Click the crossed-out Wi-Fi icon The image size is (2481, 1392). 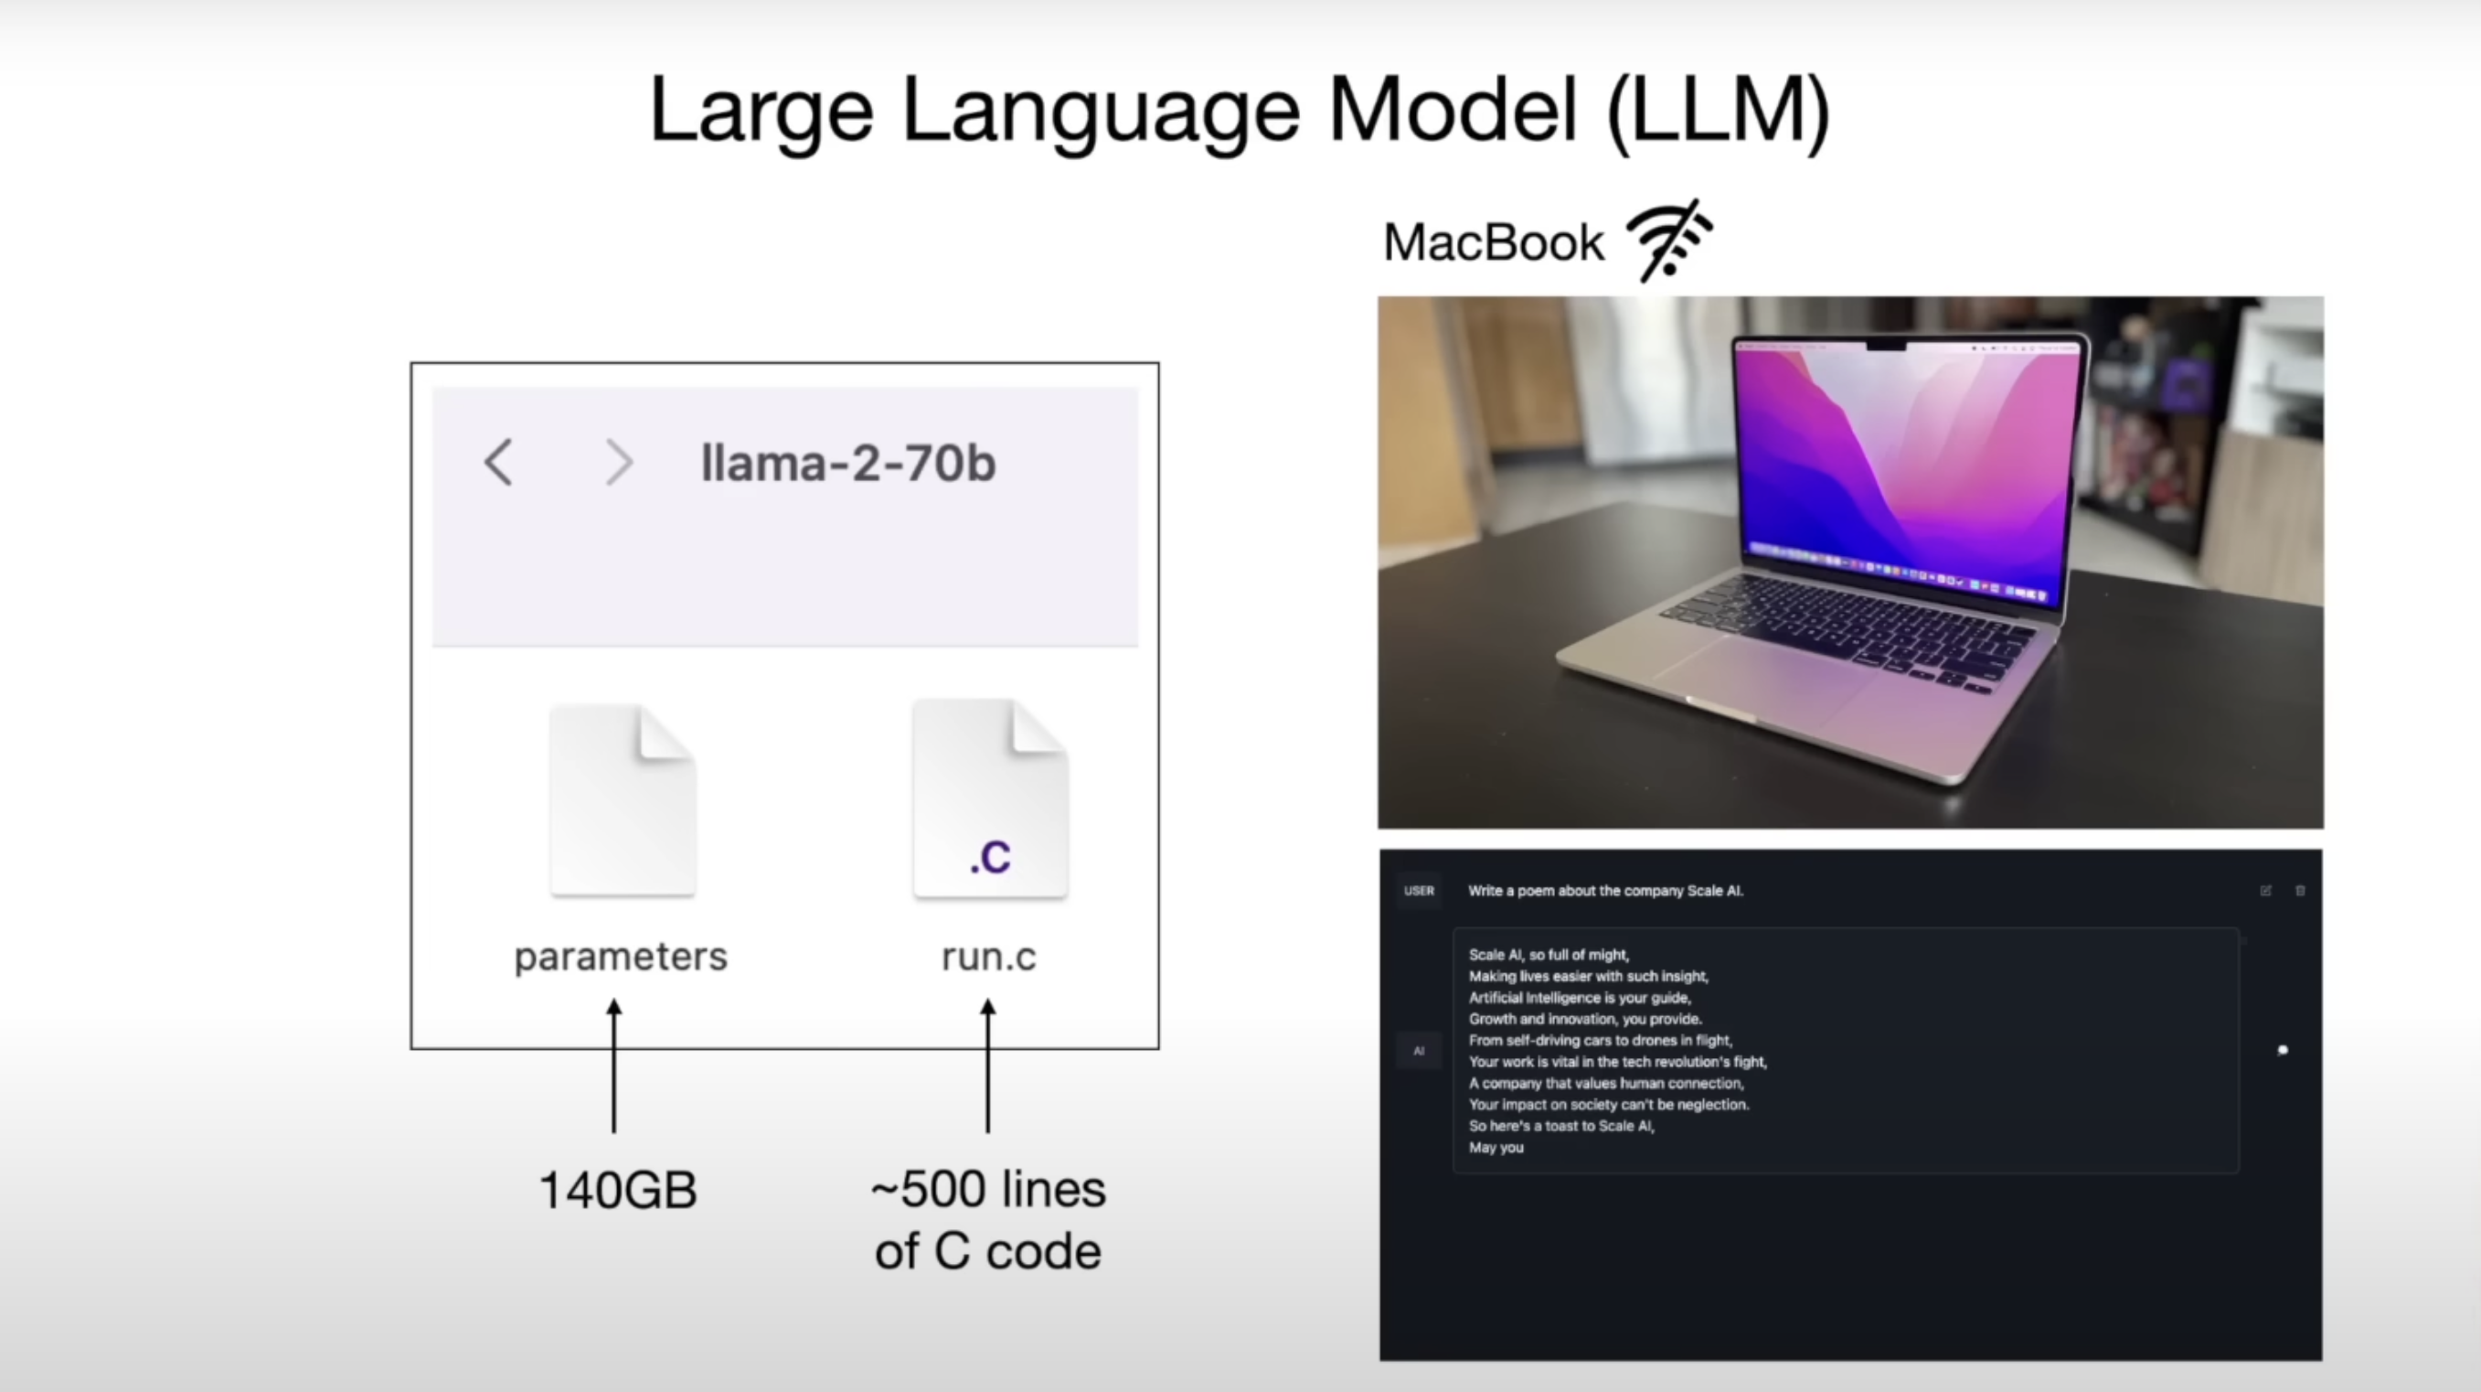click(x=1670, y=240)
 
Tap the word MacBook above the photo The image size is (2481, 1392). click(x=1494, y=241)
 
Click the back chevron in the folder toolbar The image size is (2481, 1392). click(x=498, y=463)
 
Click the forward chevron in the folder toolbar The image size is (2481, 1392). click(x=618, y=463)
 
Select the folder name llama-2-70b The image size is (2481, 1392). click(x=847, y=464)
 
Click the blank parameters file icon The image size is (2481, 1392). click(x=623, y=800)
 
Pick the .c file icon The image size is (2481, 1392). click(x=989, y=799)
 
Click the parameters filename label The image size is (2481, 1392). click(x=620, y=957)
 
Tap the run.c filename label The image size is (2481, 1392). click(x=988, y=957)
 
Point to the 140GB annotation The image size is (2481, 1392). click(x=618, y=1190)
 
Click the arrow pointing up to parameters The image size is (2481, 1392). click(x=613, y=1065)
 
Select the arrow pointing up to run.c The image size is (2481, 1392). click(x=987, y=1065)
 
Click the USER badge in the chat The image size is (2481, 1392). click(x=1419, y=891)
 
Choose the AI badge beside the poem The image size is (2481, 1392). click(x=1419, y=1051)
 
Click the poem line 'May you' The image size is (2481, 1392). click(x=1496, y=1147)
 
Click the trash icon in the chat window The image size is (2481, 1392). click(x=2300, y=891)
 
